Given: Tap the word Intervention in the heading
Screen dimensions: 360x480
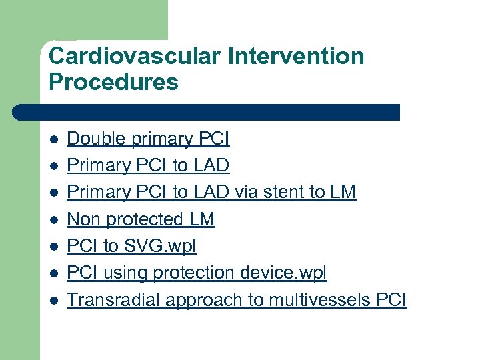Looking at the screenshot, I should [296, 55].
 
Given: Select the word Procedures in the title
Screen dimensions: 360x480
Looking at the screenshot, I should [113, 83].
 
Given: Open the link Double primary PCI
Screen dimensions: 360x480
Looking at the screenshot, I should [148, 139].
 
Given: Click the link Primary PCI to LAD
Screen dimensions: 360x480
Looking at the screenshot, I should [148, 165].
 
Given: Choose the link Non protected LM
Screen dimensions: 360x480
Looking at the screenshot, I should [141, 219].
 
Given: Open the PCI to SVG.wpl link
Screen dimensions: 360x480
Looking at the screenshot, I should [131, 246].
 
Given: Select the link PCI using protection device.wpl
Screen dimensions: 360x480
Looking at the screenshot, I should [197, 273].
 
